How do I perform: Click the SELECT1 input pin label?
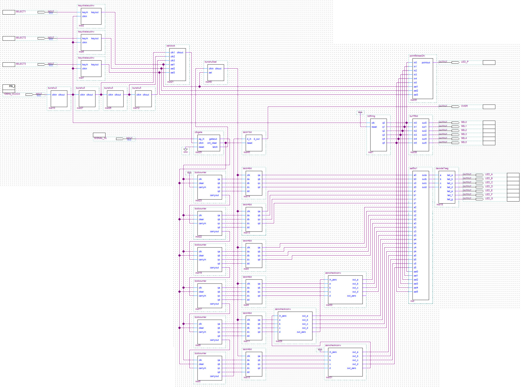tap(21, 12)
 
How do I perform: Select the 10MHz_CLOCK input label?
tap(12, 94)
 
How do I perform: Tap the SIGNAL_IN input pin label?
tap(100, 138)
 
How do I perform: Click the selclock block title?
tap(171, 46)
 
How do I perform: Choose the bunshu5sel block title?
tap(211, 62)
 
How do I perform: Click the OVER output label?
tap(464, 106)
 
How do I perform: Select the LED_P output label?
tap(465, 62)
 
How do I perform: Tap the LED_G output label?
tap(489, 199)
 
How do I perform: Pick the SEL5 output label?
tap(464, 142)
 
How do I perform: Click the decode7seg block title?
tap(442, 168)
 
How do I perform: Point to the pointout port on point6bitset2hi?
tap(426, 63)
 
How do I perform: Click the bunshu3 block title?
tap(53, 88)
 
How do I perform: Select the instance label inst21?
tap(170, 82)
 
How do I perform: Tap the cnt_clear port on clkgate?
tap(212, 143)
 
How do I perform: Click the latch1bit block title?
tap(247, 132)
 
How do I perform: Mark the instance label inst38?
tap(413, 152)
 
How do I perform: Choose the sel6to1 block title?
tap(413, 168)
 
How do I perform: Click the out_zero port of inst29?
tap(301, 332)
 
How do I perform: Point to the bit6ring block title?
tap(371, 116)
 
